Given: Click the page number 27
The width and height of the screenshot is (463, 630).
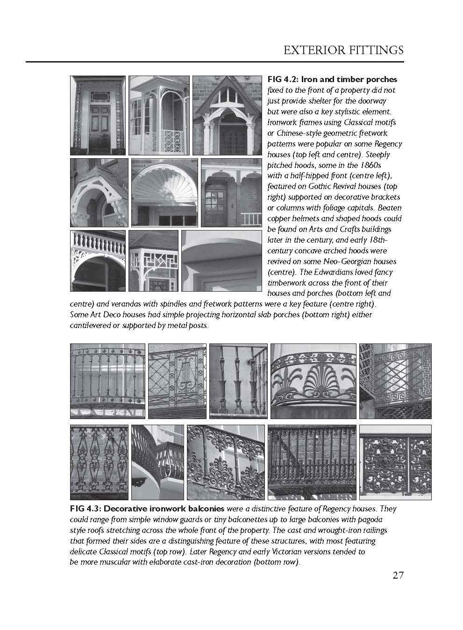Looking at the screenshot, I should tap(398, 575).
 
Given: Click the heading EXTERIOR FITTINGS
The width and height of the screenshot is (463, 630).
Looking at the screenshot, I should tap(343, 50).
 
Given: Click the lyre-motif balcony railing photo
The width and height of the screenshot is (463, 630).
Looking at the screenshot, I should tap(177, 381).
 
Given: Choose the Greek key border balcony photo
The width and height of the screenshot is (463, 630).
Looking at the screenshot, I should tap(395, 381).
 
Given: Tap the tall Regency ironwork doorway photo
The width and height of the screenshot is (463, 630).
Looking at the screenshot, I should tap(97, 115).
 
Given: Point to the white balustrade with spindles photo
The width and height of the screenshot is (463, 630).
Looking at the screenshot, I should tap(98, 261).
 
